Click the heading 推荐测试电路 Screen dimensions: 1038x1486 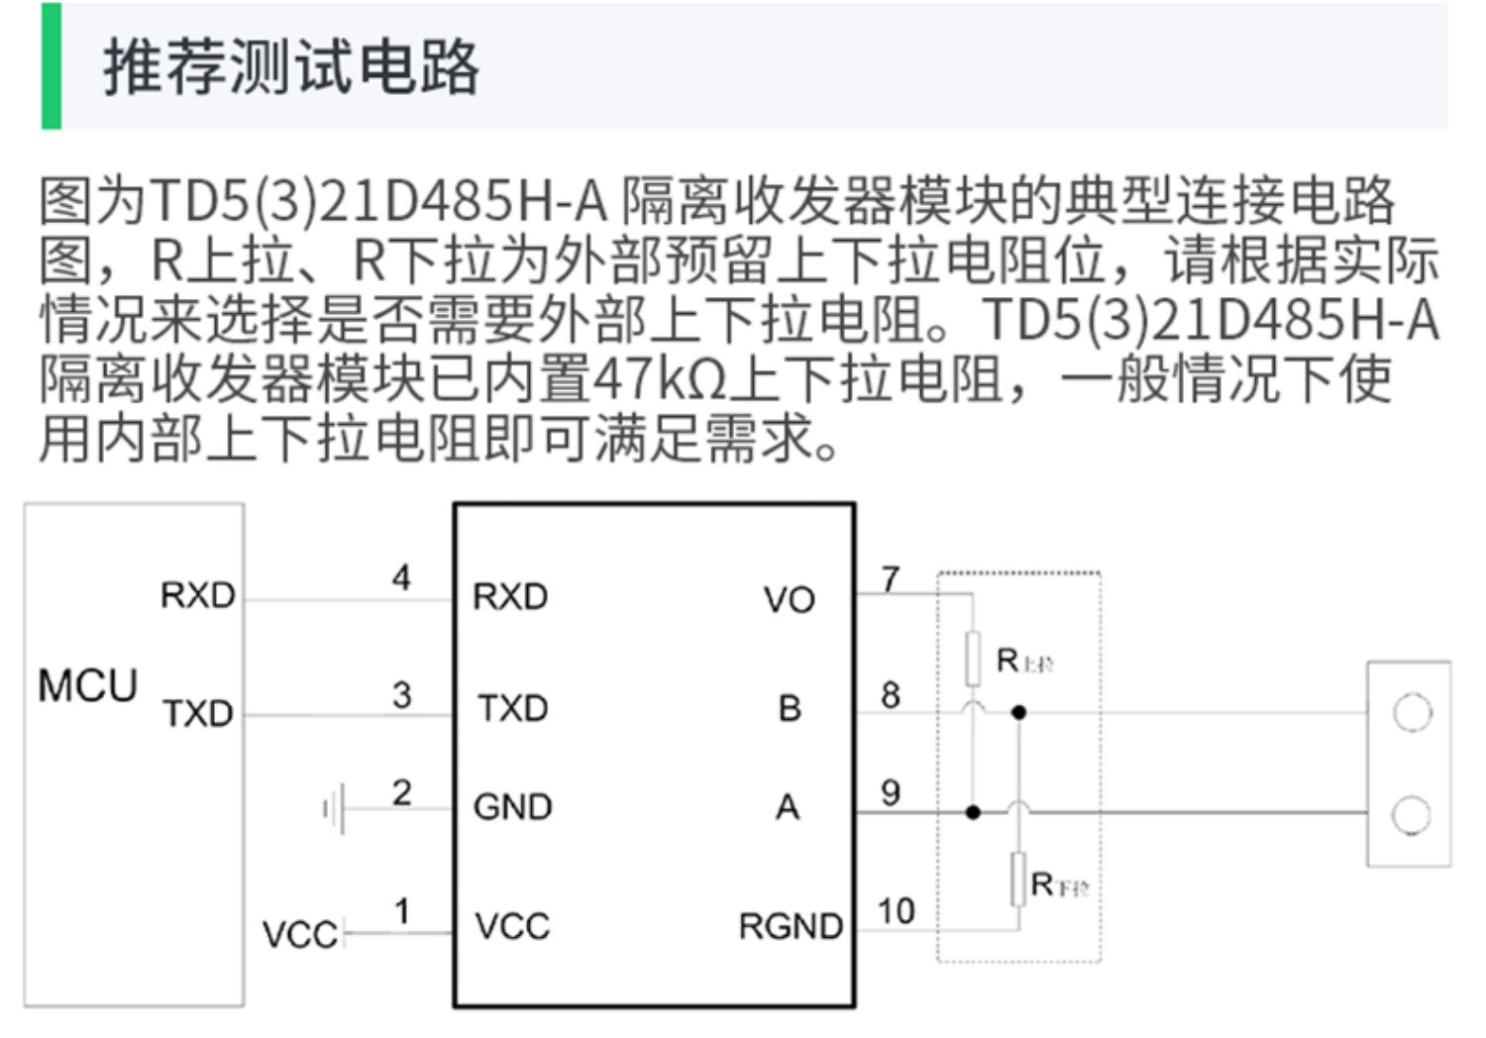291,67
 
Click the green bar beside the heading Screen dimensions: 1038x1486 51,66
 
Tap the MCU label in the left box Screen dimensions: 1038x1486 87,685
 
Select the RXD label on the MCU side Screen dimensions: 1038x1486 198,595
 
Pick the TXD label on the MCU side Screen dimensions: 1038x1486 198,712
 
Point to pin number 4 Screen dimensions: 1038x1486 401,577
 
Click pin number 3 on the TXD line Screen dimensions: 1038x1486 401,694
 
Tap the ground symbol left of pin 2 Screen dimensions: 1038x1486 334,809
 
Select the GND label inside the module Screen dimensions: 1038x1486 512,807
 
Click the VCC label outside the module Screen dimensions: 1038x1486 299,934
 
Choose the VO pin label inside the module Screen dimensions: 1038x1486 789,599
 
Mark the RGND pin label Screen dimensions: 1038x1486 791,926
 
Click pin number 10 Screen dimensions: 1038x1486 896,911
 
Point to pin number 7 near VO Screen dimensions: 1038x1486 891,578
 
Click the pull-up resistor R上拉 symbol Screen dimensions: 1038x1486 973,659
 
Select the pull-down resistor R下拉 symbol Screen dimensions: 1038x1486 1018,880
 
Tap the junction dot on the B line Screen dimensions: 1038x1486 1018,712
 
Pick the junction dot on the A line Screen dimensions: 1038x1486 973,812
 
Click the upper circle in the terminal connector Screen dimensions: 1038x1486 1411,712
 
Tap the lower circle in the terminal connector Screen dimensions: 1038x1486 1411,815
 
